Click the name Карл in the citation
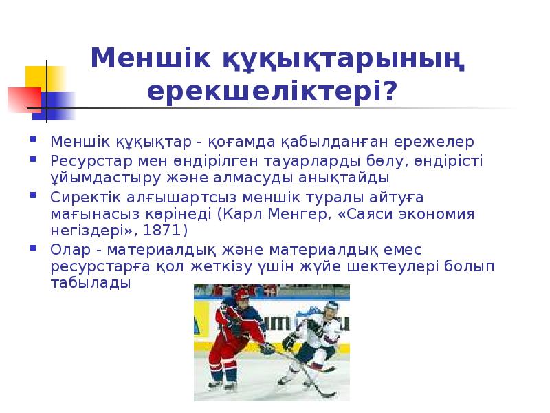(238, 213)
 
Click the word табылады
(90, 283)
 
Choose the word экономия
(438, 213)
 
